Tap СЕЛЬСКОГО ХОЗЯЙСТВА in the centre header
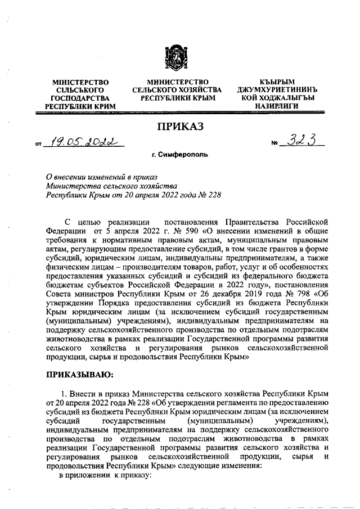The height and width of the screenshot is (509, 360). [x=177, y=90]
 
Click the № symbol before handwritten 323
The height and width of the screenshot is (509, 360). [x=275, y=145]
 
